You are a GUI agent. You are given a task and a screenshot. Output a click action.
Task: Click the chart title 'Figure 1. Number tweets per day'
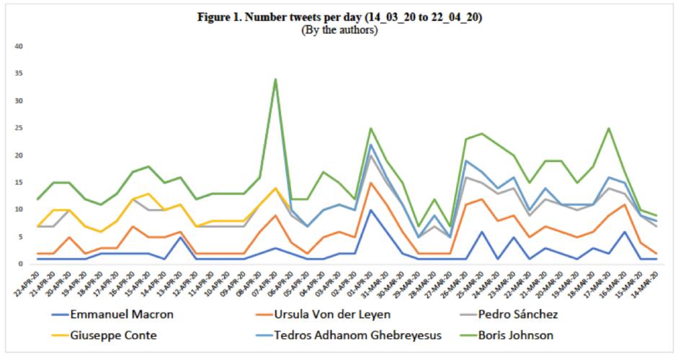point(339,17)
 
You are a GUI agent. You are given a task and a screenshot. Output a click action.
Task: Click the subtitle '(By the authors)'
point(339,30)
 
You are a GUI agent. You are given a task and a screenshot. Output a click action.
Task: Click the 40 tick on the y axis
point(20,47)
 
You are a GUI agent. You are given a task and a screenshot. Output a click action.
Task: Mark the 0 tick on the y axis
point(22,264)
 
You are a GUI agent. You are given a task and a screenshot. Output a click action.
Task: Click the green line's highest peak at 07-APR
point(275,79)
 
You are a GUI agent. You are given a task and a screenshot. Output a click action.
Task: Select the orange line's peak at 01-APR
point(370,183)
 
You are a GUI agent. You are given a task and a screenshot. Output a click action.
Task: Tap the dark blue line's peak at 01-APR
point(370,210)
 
